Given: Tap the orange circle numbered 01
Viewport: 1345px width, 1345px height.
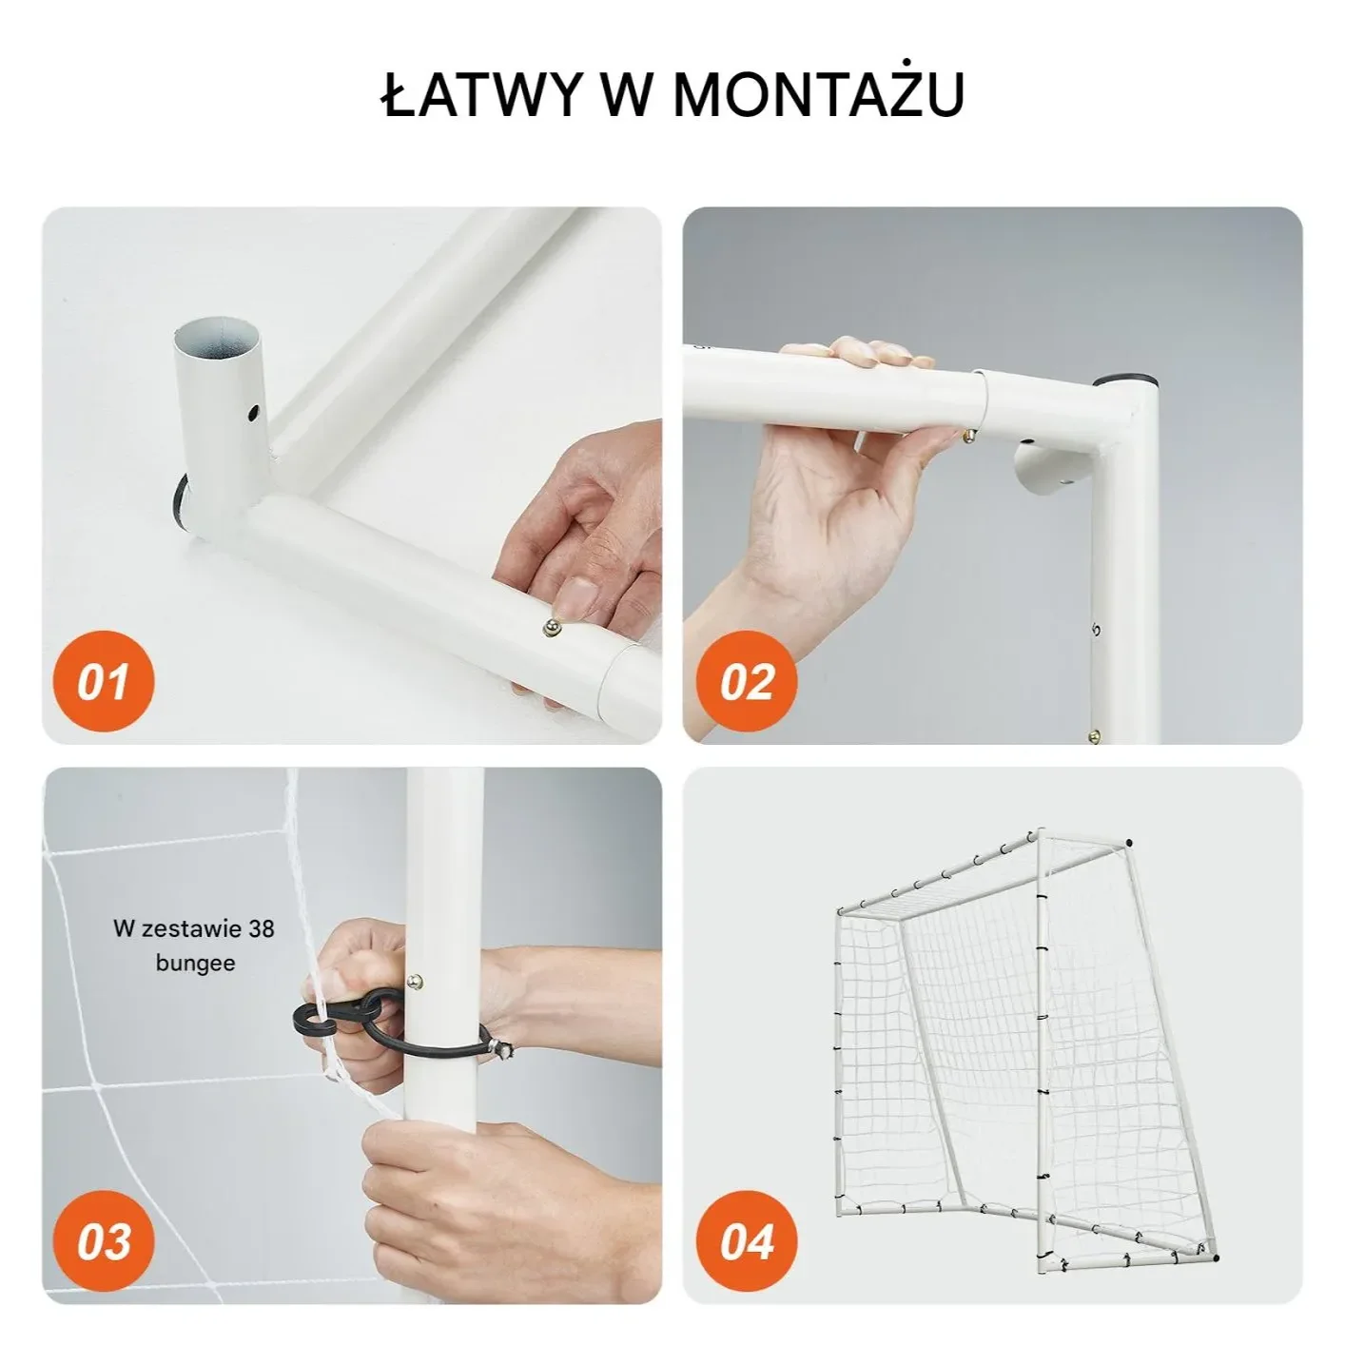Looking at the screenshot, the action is pos(104,681).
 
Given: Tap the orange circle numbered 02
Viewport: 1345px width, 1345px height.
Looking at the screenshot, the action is pos(746,681).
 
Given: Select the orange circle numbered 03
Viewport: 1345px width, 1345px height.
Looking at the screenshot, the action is pos(104,1241).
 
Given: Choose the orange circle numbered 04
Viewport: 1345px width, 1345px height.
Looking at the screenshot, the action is pos(746,1241).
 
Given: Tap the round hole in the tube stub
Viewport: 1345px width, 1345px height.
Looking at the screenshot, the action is pos(253,413).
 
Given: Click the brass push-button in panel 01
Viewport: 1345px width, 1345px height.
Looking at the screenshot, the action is pos(552,628).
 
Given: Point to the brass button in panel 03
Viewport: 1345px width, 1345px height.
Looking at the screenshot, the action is pos(418,983).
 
